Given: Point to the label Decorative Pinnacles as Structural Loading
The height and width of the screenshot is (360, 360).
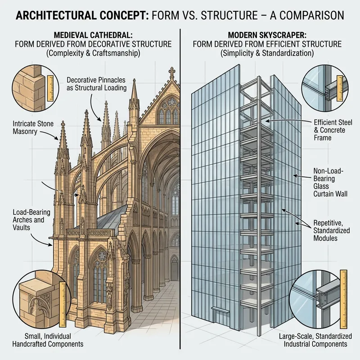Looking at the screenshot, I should pos(96,84).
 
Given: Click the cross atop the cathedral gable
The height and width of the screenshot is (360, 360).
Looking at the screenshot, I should pos(171,72).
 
